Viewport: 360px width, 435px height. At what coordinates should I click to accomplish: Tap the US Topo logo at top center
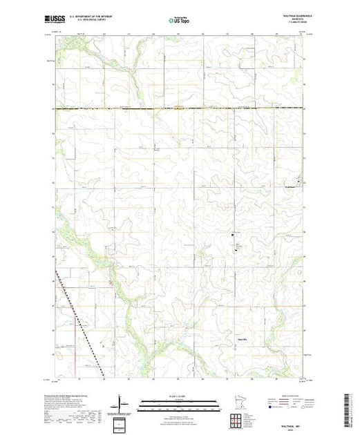click(180, 21)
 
